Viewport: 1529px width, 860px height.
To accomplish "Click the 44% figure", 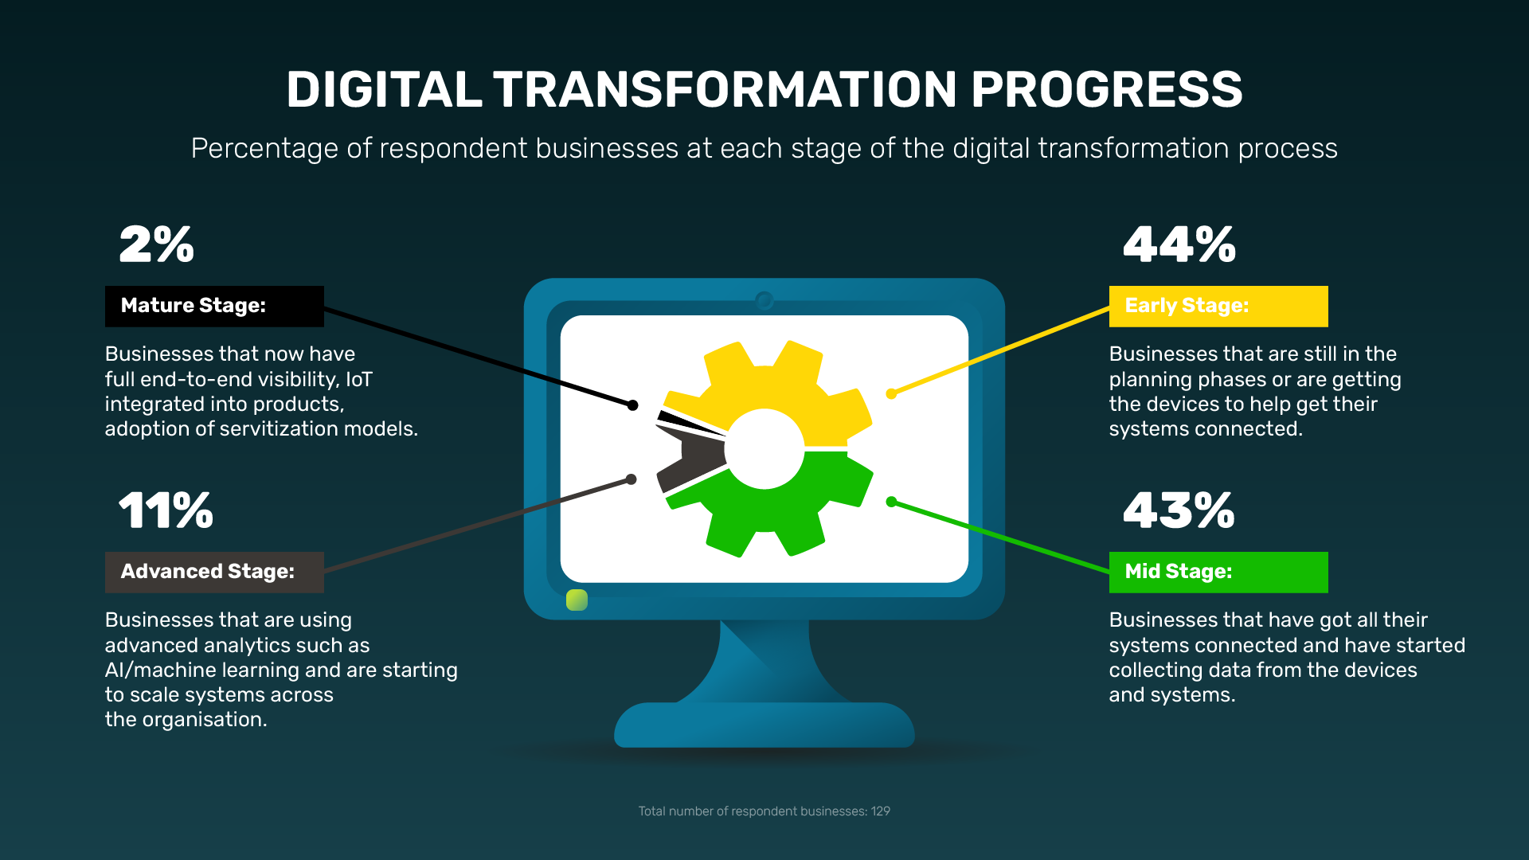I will coord(1179,244).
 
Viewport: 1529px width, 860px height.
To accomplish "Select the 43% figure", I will coord(1179,510).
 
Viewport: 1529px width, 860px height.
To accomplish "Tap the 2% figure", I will coord(157,244).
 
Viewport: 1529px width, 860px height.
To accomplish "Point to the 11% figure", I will coord(166,510).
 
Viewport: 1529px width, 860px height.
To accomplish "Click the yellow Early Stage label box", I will coord(1218,307).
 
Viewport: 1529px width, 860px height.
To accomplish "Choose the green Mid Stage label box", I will coord(1218,572).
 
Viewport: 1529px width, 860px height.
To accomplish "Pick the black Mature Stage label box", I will coord(214,307).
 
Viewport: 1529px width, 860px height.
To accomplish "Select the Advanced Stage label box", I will coord(214,572).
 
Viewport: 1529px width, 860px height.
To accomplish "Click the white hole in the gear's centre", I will coord(764,448).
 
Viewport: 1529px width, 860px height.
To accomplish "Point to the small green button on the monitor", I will coord(577,600).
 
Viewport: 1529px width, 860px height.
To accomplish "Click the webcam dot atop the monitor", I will coord(764,300).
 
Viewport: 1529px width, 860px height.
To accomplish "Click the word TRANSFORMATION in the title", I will coord(725,89).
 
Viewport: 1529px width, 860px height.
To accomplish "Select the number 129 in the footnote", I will coord(880,811).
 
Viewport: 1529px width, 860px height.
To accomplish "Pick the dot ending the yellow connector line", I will coord(891,393).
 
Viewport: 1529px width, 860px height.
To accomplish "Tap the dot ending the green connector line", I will coord(891,502).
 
